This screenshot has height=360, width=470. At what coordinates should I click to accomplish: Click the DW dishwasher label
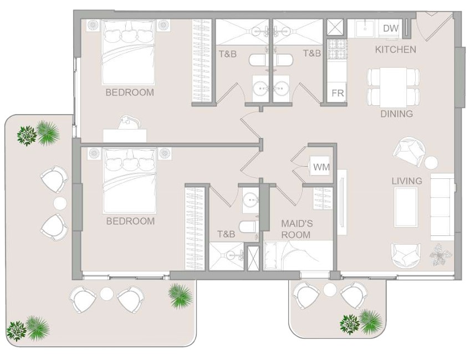point(391,28)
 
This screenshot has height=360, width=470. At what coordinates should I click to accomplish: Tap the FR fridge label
point(338,93)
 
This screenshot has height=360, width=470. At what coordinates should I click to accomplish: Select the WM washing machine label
point(321,167)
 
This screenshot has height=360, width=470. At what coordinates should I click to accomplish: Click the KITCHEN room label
point(395,49)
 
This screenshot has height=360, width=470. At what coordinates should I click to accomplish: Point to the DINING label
point(396,114)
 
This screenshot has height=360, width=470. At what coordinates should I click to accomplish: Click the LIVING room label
point(407,181)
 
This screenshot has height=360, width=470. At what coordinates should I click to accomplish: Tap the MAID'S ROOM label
point(296,229)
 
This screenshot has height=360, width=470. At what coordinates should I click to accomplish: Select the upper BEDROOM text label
point(130,92)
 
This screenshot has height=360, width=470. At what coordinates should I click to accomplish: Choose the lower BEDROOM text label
point(130,222)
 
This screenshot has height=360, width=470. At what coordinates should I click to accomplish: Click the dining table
point(394,87)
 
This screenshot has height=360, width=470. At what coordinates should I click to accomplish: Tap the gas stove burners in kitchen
point(337,49)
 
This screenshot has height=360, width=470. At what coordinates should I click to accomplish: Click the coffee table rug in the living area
point(406,208)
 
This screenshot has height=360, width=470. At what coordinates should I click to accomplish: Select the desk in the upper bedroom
point(125,136)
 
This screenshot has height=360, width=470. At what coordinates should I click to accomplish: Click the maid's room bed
point(299,255)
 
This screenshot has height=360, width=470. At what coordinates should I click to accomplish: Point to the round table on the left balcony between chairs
point(60,204)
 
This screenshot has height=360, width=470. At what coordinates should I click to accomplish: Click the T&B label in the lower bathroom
point(226,234)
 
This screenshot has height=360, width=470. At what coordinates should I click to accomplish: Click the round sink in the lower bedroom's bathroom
point(250,199)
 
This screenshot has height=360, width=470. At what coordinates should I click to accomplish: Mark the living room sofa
point(442,207)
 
